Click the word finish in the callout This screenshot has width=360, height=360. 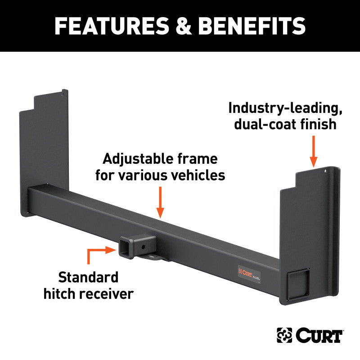(x=315, y=124)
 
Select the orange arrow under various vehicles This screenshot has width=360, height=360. (x=160, y=202)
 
